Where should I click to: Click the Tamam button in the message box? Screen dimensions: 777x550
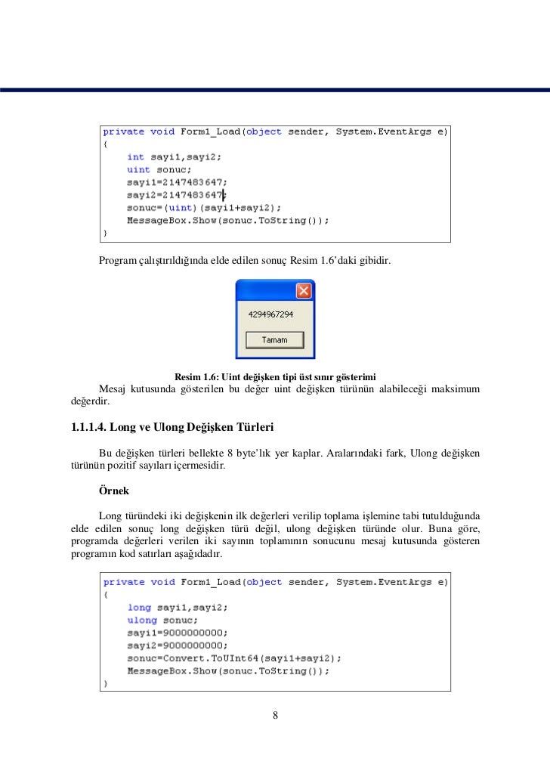coord(275,340)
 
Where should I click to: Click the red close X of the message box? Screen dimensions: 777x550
coord(303,291)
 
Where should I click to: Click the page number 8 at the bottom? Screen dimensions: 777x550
coord(276,716)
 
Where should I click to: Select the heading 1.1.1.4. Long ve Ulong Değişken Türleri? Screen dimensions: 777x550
coord(171,428)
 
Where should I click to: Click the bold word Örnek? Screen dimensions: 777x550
coord(113,491)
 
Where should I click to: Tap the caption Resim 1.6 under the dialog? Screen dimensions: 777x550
coord(275,376)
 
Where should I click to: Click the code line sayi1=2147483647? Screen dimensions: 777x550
coord(177,182)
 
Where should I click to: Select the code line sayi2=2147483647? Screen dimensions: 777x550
coord(177,195)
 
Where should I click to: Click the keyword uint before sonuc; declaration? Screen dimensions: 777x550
coord(138,170)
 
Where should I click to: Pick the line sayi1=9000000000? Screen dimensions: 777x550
coord(177,633)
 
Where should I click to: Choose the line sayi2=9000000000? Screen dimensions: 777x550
coord(177,645)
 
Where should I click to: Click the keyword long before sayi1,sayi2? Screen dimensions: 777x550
coord(139,607)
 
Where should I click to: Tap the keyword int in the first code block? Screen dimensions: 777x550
coord(135,157)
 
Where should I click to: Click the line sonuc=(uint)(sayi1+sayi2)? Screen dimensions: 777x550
coord(204,208)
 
